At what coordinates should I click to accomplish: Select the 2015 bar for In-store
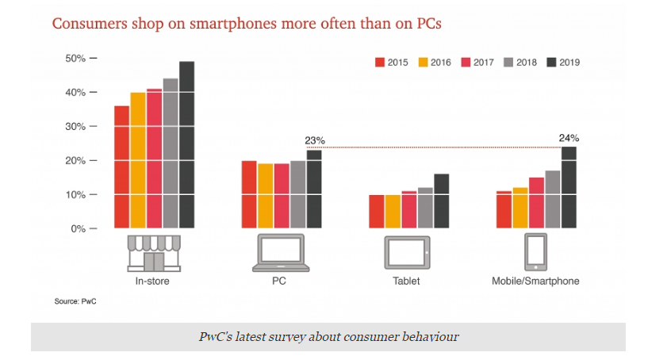pyautogui.click(x=121, y=167)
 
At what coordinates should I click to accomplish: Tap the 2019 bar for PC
pyautogui.click(x=315, y=190)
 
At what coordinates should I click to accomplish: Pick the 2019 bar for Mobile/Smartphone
pyautogui.click(x=569, y=188)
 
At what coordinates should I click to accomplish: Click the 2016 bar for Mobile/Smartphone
pyautogui.click(x=520, y=208)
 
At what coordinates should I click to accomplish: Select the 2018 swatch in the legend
pyautogui.click(x=508, y=62)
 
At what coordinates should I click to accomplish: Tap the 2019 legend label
pyautogui.click(x=569, y=62)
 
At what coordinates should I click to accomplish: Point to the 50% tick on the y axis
pyautogui.click(x=94, y=59)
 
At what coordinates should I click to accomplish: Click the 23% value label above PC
pyautogui.click(x=315, y=141)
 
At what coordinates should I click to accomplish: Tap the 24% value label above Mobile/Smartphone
pyautogui.click(x=569, y=138)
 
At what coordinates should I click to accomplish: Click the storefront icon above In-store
pyautogui.click(x=154, y=252)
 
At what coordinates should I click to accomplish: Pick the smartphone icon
pyautogui.click(x=535, y=253)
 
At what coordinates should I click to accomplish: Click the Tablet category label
pyautogui.click(x=408, y=281)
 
